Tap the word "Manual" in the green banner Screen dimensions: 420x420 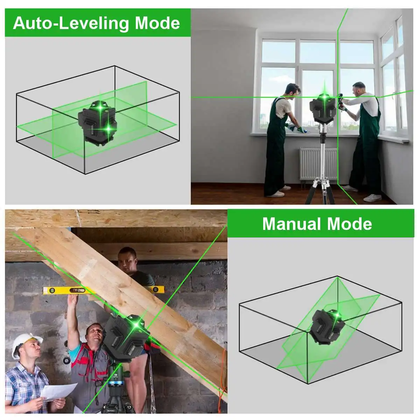point(292,224)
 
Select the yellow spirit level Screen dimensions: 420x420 point(103,290)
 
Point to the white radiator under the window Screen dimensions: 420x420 point(318,164)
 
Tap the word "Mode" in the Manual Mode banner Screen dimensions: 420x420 point(349,224)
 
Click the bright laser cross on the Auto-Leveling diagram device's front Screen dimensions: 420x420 point(108,129)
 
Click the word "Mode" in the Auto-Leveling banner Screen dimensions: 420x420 point(157,23)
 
